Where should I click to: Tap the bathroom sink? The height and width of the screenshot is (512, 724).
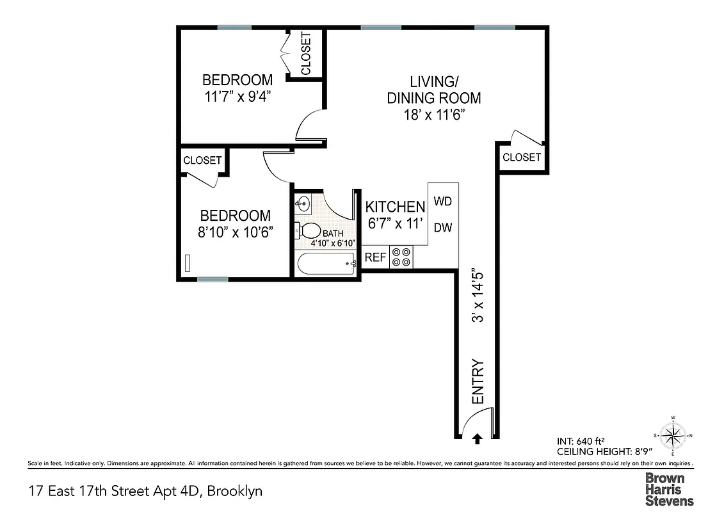click(302, 204)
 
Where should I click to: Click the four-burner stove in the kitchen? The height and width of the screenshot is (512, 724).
click(401, 257)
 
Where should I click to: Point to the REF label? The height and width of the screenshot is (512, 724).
click(375, 257)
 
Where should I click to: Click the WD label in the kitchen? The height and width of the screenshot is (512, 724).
click(443, 201)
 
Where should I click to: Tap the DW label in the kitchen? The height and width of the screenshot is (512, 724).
click(443, 227)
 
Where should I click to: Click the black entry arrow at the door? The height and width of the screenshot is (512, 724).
click(476, 438)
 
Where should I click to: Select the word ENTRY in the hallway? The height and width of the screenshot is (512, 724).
click(478, 381)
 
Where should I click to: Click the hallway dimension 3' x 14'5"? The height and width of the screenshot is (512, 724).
click(476, 295)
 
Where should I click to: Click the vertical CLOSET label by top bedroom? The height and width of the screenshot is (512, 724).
click(305, 54)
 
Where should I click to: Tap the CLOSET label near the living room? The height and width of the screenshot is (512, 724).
click(521, 157)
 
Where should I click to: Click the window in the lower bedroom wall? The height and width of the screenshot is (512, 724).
click(213, 279)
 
